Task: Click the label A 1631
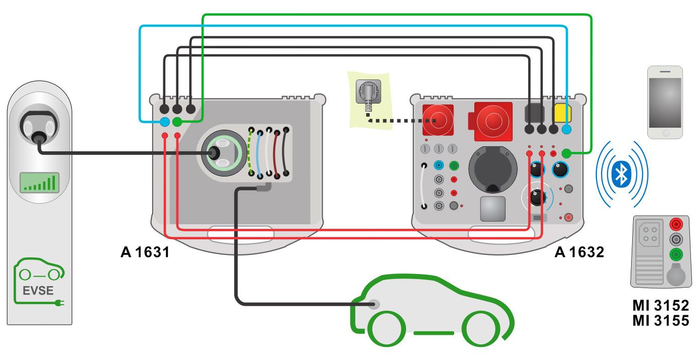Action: pyautogui.click(x=145, y=252)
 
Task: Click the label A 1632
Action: pyautogui.click(x=579, y=252)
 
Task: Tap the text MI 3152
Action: pyautogui.click(x=661, y=305)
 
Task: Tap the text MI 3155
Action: pyautogui.click(x=661, y=320)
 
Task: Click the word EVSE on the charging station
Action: pyautogui.click(x=38, y=291)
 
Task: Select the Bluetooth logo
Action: pyautogui.click(x=622, y=174)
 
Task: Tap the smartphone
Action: pyautogui.click(x=665, y=102)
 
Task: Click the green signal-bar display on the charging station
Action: pyautogui.click(x=40, y=183)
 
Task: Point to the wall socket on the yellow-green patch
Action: pyautogui.click(x=368, y=92)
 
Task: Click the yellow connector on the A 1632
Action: pyautogui.click(x=562, y=113)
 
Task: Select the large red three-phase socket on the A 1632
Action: pyautogui.click(x=493, y=121)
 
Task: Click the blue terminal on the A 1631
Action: pyautogui.click(x=165, y=122)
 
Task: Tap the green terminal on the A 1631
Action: pyautogui.click(x=177, y=122)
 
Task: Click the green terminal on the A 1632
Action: pyautogui.click(x=566, y=153)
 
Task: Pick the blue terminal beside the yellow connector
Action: pyautogui.click(x=566, y=129)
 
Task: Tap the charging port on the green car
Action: pyautogui.click(x=374, y=304)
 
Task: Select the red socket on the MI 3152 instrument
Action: pyautogui.click(x=676, y=224)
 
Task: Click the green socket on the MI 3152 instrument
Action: pyautogui.click(x=676, y=254)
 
